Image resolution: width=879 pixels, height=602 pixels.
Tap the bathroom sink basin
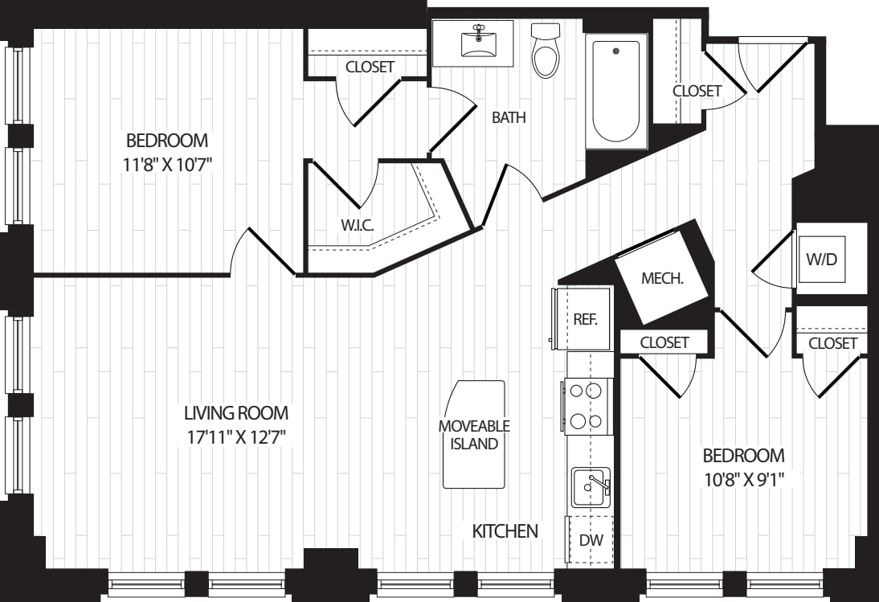point(478,43)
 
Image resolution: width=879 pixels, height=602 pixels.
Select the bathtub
point(616,92)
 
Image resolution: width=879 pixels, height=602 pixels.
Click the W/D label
point(821,259)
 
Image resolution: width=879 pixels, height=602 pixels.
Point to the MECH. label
point(662,278)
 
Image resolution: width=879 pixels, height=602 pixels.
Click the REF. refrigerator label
point(585,319)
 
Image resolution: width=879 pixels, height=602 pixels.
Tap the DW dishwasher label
point(591,540)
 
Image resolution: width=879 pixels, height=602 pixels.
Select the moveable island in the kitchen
point(474,434)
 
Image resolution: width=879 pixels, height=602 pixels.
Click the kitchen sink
point(591,487)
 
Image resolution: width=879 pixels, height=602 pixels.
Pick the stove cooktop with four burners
point(587,406)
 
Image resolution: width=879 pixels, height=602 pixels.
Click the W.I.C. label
point(357,225)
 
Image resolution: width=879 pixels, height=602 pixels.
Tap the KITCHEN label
point(505,530)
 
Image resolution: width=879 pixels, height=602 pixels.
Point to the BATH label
point(509,117)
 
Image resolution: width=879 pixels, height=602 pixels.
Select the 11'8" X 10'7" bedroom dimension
point(167,165)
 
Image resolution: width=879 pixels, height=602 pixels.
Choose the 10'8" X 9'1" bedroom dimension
point(742,480)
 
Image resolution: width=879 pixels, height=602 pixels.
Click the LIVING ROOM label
point(236,413)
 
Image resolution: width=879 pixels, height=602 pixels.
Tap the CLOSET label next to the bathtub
point(697,91)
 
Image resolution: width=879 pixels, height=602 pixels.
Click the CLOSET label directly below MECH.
point(664,342)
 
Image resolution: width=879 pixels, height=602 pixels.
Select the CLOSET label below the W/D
point(832,343)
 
